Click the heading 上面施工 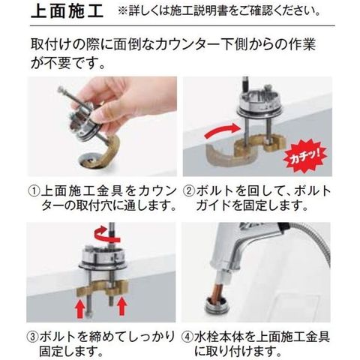click(x=67, y=12)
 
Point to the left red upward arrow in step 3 click(x=80, y=308)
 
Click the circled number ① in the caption click(x=34, y=192)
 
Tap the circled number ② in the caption click(x=189, y=192)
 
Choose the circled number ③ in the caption click(x=32, y=337)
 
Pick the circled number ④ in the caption click(x=187, y=337)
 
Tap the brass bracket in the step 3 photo click(x=102, y=287)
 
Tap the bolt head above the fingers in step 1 click(x=61, y=89)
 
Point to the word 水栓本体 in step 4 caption click(x=218, y=337)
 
